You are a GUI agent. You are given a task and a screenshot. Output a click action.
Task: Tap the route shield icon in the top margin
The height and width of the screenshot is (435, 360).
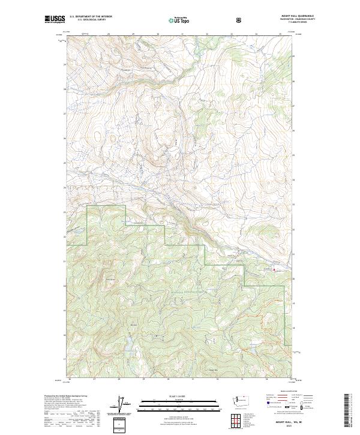click(x=206, y=19)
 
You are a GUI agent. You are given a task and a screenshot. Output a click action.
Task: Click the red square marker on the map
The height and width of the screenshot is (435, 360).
click(x=275, y=270)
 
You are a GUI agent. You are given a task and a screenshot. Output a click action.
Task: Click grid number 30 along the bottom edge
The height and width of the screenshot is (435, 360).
click(x=168, y=380)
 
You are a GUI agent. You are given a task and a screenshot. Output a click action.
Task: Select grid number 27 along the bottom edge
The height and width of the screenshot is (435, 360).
click(x=94, y=380)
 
